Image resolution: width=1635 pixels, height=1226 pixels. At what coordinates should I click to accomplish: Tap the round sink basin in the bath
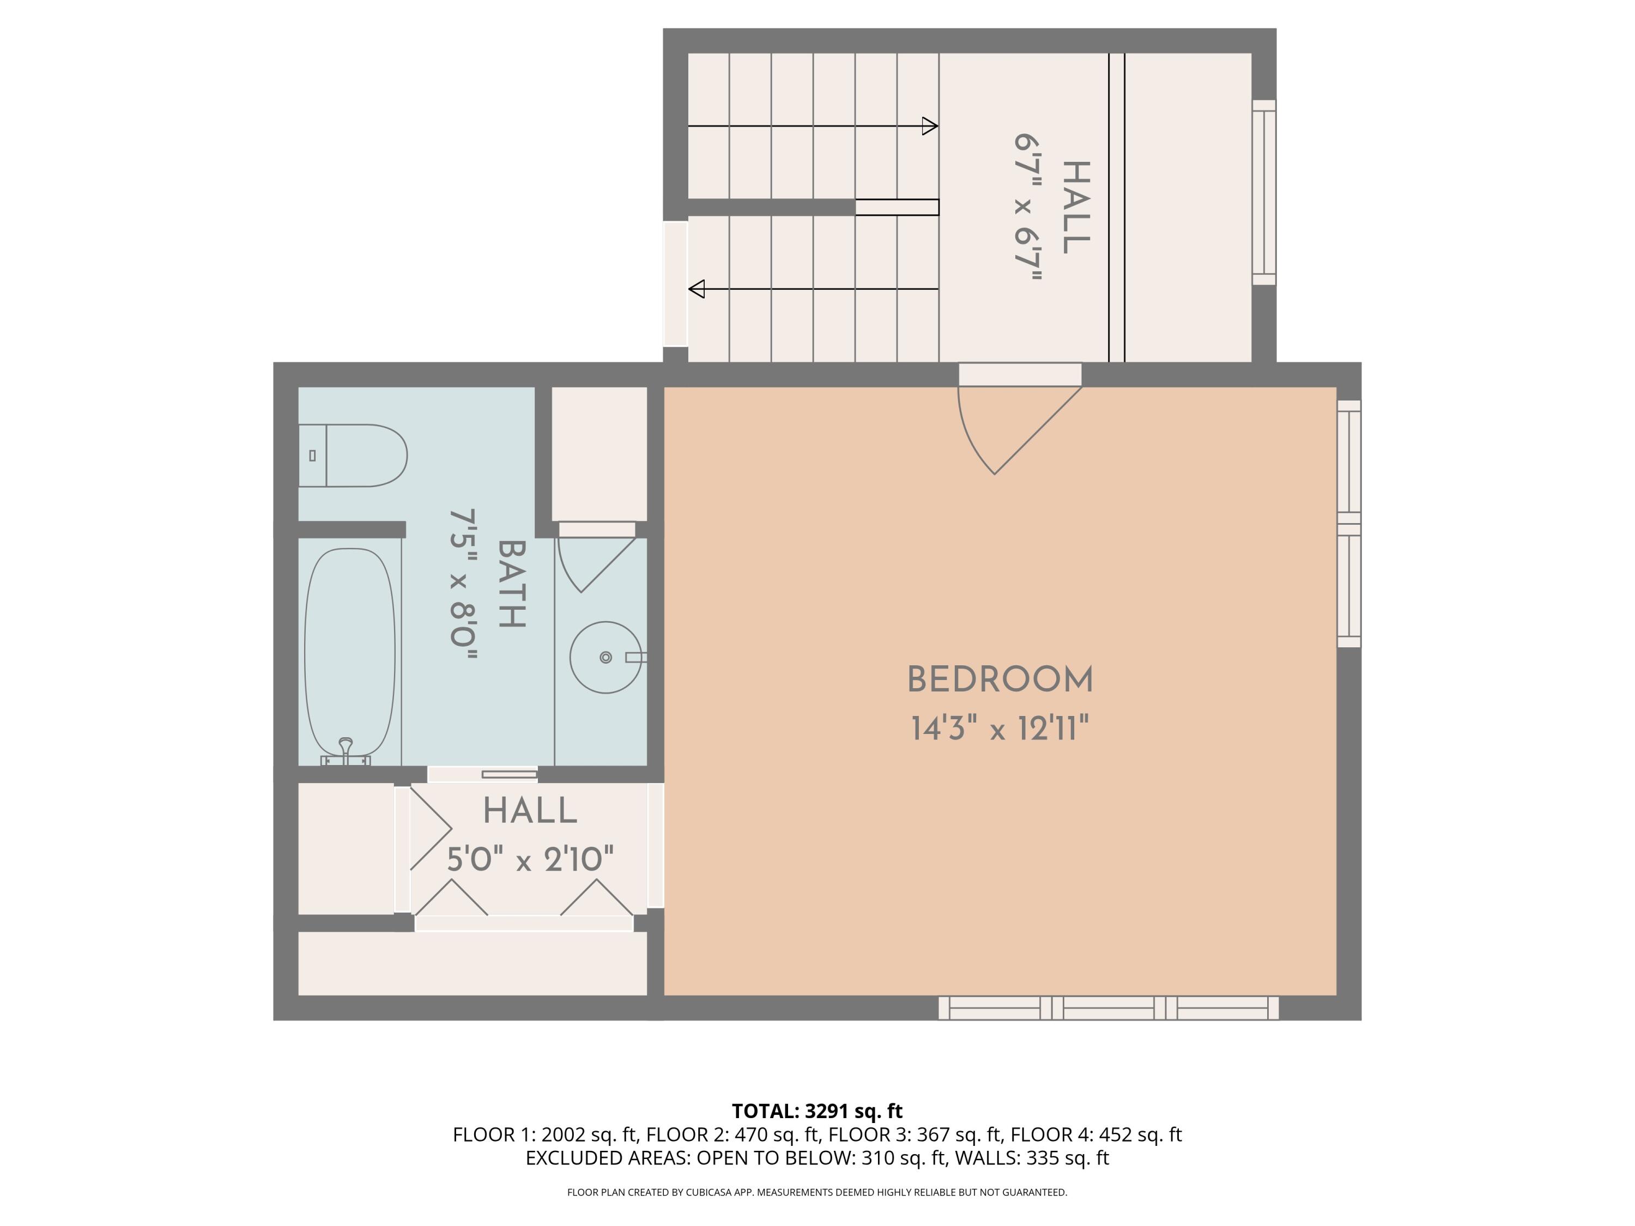[605, 657]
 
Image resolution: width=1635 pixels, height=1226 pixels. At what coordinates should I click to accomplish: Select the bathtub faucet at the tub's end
[345, 750]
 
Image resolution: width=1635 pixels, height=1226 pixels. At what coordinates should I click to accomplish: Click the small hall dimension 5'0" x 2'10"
[530, 859]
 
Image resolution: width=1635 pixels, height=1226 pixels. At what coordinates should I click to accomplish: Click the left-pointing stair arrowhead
[697, 289]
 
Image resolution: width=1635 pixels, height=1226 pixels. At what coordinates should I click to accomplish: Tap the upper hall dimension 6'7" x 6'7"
[1027, 208]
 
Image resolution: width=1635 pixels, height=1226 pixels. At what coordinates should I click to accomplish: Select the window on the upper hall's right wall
[1263, 192]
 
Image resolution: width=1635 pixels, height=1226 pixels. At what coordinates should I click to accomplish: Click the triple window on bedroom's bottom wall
[1108, 1008]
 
